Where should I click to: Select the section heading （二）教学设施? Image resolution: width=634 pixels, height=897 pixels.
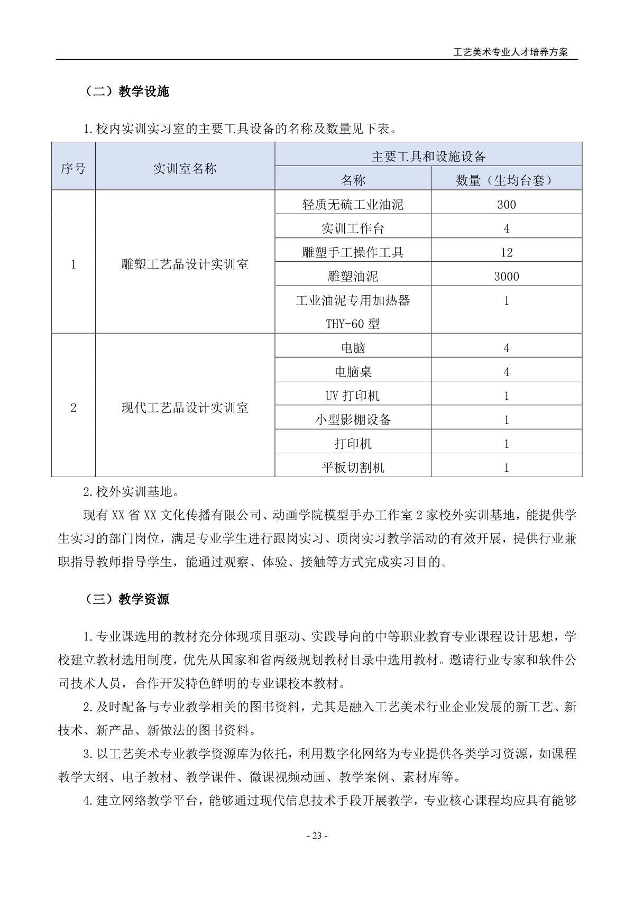(126, 91)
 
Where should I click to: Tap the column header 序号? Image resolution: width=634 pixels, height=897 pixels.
(73, 169)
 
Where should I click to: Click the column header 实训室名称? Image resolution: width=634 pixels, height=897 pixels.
(185, 169)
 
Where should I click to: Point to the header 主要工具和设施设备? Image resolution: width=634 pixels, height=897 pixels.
(428, 157)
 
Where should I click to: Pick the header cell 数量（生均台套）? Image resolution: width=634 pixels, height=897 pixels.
(506, 180)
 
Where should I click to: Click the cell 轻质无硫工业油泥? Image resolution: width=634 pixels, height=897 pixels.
(353, 205)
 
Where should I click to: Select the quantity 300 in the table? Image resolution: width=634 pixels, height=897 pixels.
(506, 205)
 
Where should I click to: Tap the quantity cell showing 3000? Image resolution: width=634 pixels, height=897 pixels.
(506, 277)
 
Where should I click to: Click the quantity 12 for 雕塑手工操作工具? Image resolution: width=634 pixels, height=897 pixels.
(506, 252)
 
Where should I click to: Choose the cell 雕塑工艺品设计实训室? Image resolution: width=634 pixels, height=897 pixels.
(185, 264)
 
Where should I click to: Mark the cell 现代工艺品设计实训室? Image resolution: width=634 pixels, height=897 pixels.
(185, 408)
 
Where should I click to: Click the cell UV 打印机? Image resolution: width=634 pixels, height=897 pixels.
(353, 396)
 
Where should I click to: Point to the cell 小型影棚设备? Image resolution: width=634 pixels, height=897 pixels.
(353, 420)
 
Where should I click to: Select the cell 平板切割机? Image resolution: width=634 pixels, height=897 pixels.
(353, 468)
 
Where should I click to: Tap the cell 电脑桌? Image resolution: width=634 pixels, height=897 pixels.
(353, 372)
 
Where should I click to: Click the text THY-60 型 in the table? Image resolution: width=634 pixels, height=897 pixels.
(353, 324)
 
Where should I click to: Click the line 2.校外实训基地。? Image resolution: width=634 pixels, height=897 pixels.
(131, 491)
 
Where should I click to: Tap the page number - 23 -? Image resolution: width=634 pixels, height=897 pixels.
(317, 836)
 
